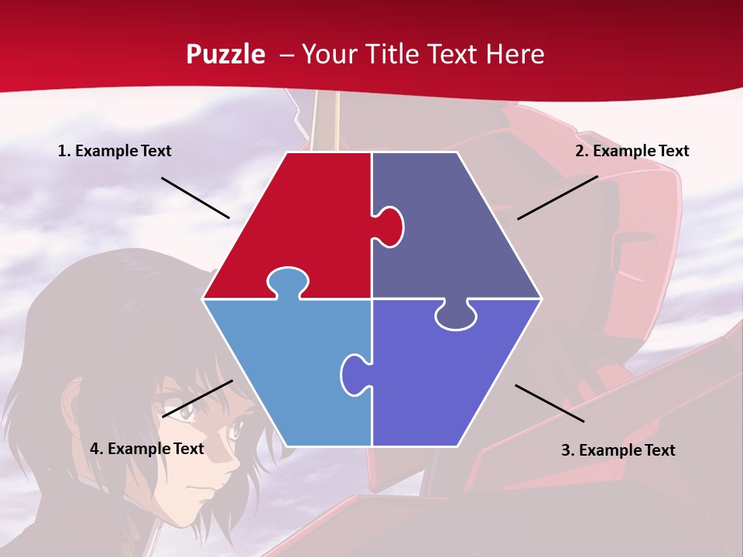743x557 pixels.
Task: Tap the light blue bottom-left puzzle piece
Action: pyautogui.click(x=286, y=364)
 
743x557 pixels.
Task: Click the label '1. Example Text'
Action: pyautogui.click(x=115, y=151)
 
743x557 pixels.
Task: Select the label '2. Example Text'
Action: pyautogui.click(x=632, y=151)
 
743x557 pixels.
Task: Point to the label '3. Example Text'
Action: pyautogui.click(x=618, y=450)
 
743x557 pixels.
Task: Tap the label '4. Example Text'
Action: pyautogui.click(x=147, y=449)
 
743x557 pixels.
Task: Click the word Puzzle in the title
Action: pyautogui.click(x=225, y=54)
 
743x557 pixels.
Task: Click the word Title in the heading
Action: pyautogui.click(x=392, y=54)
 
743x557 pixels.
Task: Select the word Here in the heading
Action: pyautogui.click(x=515, y=54)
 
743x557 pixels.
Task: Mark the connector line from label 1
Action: pyautogui.click(x=195, y=198)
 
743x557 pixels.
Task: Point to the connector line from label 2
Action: pyautogui.click(x=557, y=197)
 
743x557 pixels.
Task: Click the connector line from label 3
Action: pyautogui.click(x=550, y=403)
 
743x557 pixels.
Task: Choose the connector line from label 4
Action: pyautogui.click(x=197, y=398)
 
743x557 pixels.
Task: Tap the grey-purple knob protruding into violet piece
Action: pyautogui.click(x=455, y=316)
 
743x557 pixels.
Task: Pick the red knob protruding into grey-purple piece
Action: pyautogui.click(x=390, y=226)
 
